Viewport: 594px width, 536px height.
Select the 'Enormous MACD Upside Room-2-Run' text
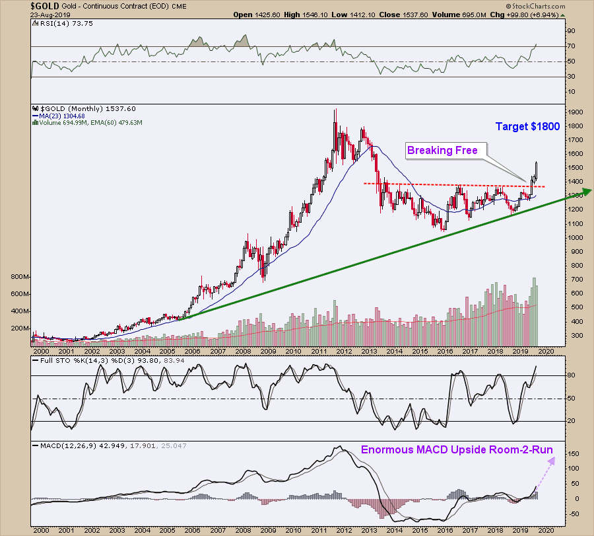pyautogui.click(x=457, y=450)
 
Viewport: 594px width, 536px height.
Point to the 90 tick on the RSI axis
pyautogui.click(x=571, y=31)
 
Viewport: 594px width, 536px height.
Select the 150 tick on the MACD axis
pyautogui.click(x=572, y=455)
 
